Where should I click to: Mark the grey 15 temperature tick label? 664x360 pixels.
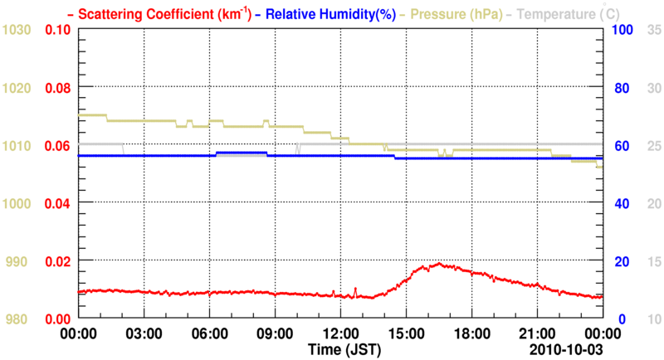coord(653,261)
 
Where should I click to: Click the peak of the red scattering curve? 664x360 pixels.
coord(441,265)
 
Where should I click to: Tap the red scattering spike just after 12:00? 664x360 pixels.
coord(355,289)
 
